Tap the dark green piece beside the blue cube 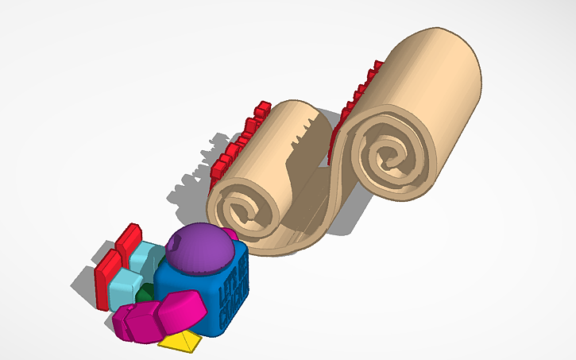click(x=145, y=295)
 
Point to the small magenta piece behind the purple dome click(x=229, y=234)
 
